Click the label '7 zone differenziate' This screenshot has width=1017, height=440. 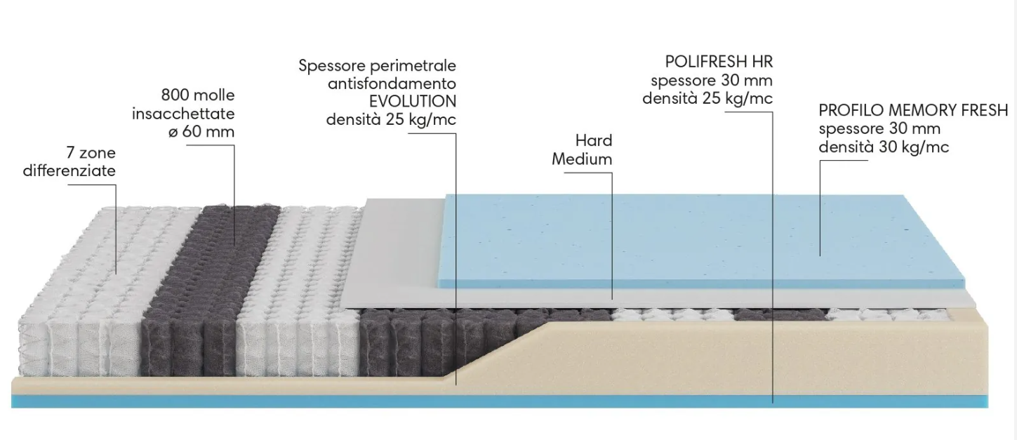click(x=69, y=162)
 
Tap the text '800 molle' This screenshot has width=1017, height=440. click(x=198, y=95)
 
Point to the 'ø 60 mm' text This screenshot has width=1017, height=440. click(x=201, y=132)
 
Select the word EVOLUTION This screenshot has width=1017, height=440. click(x=412, y=101)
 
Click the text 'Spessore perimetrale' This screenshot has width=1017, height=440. click(x=377, y=66)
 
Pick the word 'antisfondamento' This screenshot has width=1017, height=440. click(x=392, y=84)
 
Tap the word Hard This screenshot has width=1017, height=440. click(x=594, y=140)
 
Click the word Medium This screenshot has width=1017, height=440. click(x=582, y=159)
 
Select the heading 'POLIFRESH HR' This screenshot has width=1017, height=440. click(x=719, y=62)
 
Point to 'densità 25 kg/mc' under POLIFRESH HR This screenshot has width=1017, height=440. click(x=707, y=98)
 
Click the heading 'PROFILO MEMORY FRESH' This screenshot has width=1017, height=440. click(x=913, y=111)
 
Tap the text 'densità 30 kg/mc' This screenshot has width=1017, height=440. click(x=884, y=147)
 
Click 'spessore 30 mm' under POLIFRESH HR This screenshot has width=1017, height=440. click(x=712, y=80)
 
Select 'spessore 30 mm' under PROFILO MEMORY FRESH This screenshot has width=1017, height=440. click(x=879, y=129)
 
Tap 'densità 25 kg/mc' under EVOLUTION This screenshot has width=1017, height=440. click(x=391, y=119)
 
